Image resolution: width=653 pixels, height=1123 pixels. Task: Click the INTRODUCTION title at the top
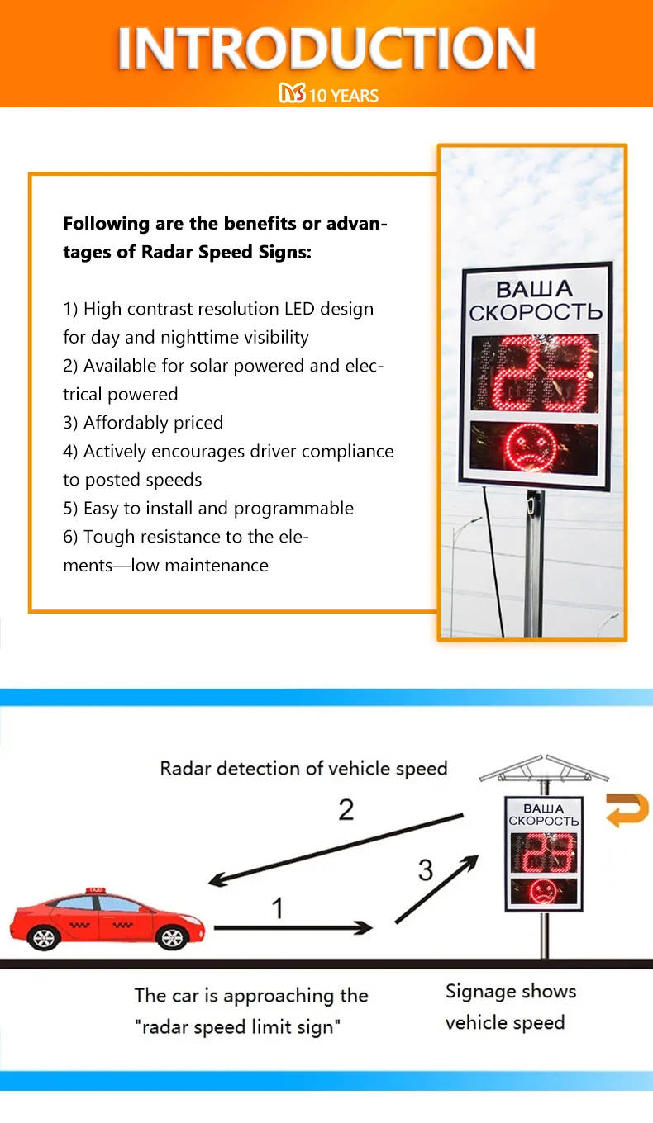(326, 48)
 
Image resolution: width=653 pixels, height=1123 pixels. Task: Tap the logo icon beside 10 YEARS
(292, 95)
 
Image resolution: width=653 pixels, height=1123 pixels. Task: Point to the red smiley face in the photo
(534, 448)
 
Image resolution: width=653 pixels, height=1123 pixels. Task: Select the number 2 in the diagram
(346, 809)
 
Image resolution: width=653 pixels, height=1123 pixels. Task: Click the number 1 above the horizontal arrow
(278, 908)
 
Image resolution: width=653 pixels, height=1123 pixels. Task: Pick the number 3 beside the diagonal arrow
(426, 869)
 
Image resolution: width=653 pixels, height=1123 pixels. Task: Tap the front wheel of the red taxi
(172, 937)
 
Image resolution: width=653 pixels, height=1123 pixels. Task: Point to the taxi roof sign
(95, 890)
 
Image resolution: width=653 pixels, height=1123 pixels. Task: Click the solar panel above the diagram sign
(544, 769)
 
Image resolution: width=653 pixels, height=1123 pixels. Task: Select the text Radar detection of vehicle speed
(303, 769)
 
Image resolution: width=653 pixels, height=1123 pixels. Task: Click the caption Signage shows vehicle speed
(510, 1007)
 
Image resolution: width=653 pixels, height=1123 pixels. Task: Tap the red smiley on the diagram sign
(543, 890)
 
